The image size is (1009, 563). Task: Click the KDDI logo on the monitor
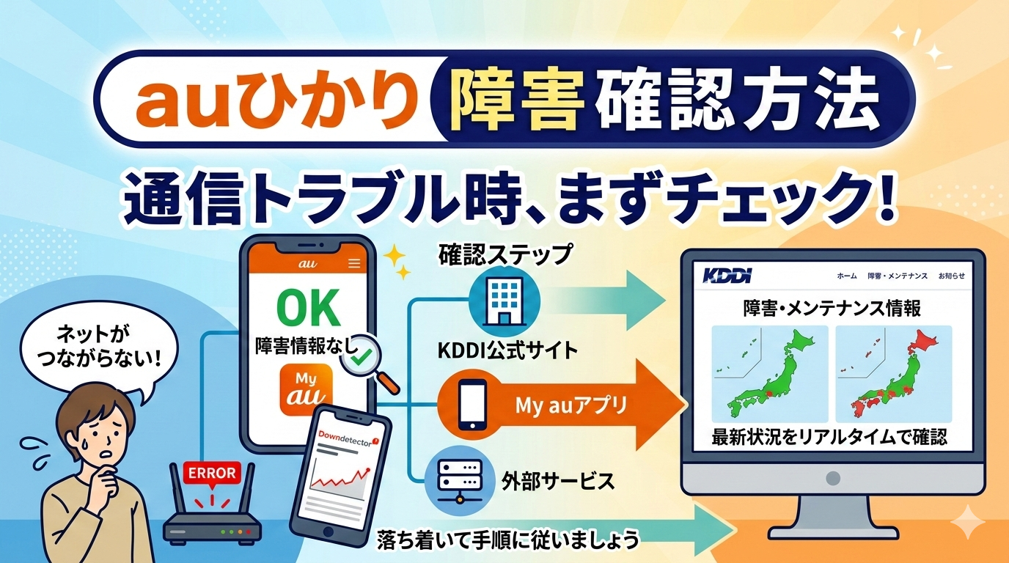click(727, 275)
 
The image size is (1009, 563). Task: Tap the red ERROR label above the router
click(212, 474)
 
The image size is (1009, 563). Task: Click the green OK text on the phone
click(308, 308)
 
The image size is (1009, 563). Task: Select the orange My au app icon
click(307, 389)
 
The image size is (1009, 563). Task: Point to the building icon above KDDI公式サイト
click(504, 301)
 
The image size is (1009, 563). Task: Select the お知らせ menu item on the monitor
click(951, 276)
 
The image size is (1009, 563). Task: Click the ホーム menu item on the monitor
click(847, 276)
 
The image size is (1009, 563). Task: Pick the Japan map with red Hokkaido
click(894, 374)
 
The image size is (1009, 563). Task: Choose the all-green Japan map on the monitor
click(770, 374)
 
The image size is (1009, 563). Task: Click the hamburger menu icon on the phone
click(354, 263)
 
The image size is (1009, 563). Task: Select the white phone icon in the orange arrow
click(472, 405)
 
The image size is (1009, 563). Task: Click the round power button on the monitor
click(833, 478)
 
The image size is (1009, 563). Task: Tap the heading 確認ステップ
click(505, 255)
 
